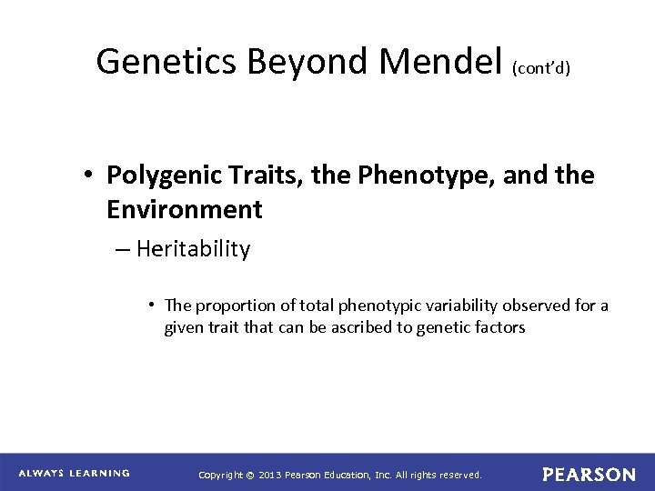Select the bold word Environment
pyautogui.click(x=185, y=210)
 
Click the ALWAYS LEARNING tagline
pyautogui.click(x=75, y=473)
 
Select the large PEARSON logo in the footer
pyautogui.click(x=589, y=474)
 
